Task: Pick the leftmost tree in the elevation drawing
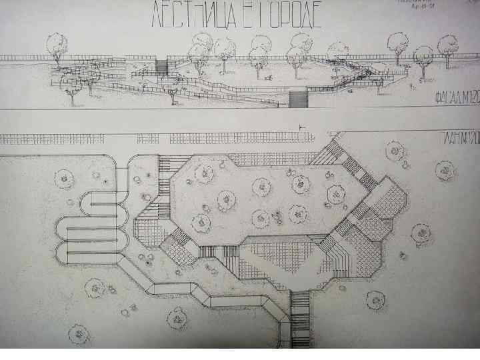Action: pos(57,47)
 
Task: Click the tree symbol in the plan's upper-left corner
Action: pos(65,178)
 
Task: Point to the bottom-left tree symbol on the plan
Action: pos(79,332)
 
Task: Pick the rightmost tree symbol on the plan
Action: pos(445,170)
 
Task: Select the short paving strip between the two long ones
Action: pos(148,139)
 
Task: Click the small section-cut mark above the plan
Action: pos(301,127)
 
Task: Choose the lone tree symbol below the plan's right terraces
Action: pos(421,233)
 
